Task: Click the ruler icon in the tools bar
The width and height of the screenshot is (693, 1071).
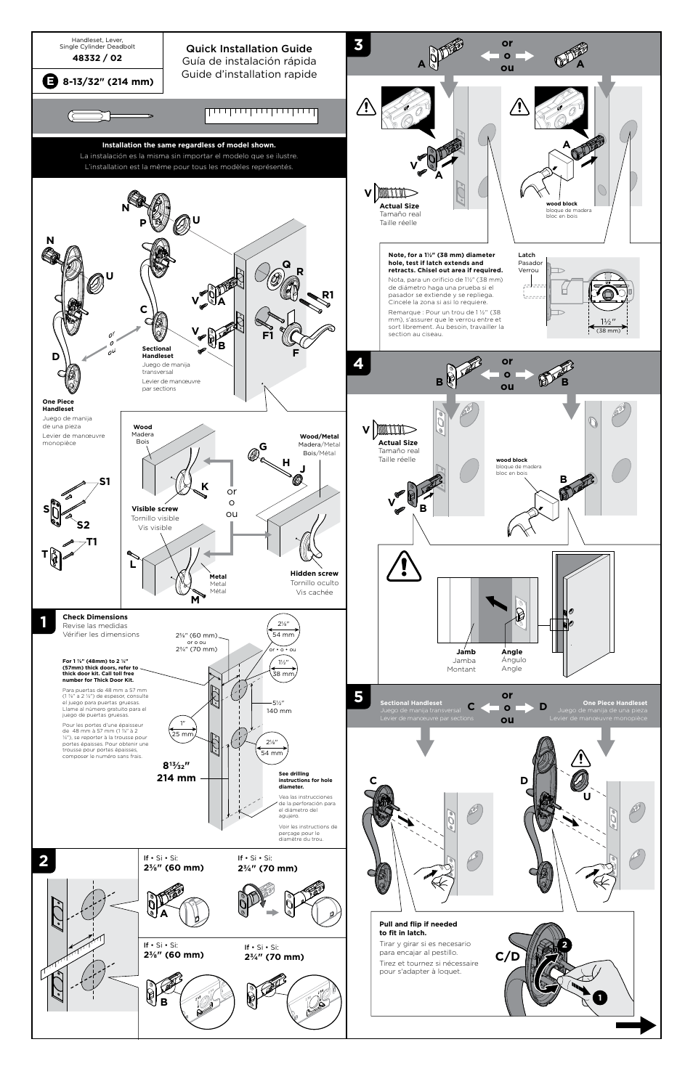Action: [x=262, y=116]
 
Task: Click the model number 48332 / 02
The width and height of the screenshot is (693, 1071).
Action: [x=97, y=58]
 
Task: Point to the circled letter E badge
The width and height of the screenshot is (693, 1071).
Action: [x=49, y=81]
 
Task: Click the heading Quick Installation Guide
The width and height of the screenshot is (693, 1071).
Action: [x=248, y=49]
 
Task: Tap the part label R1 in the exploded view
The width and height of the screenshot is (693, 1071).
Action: [x=328, y=295]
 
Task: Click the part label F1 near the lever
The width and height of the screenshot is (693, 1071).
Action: [x=268, y=335]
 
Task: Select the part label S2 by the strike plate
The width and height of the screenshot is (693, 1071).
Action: [x=83, y=525]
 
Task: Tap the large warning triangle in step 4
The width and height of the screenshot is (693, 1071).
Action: [x=405, y=566]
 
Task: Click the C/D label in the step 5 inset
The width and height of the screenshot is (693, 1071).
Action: [x=508, y=957]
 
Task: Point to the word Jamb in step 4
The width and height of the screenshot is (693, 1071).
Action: [x=466, y=652]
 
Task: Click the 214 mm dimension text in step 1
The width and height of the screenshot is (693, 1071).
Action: [x=177, y=778]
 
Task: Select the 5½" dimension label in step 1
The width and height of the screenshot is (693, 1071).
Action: [x=278, y=703]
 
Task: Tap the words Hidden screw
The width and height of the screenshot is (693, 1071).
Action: [x=314, y=574]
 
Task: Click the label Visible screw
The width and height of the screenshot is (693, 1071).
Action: [x=155, y=509]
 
